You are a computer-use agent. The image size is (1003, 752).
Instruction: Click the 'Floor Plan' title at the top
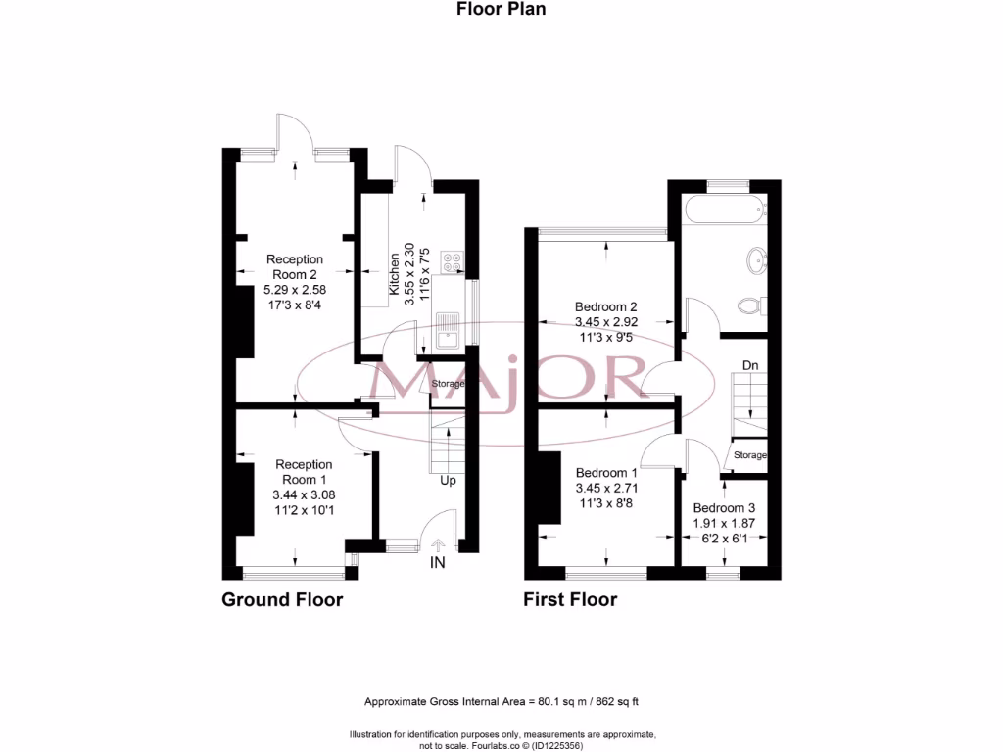tap(501, 9)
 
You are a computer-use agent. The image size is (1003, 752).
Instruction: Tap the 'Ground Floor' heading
tap(282, 599)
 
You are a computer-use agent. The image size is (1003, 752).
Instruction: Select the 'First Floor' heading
tap(570, 599)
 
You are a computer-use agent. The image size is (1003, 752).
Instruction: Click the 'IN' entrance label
tap(436, 564)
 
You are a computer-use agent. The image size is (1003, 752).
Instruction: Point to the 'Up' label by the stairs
tap(447, 481)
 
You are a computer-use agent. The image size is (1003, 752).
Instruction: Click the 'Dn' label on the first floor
tap(750, 365)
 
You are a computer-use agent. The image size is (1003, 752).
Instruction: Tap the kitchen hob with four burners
tap(454, 261)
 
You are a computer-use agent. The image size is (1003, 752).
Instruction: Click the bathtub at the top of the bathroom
tap(724, 209)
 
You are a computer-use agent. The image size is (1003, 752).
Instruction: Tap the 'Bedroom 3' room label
tap(724, 508)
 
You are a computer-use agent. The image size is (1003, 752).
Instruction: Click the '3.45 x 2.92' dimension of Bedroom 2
tap(606, 321)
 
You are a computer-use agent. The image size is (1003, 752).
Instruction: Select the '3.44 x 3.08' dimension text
tap(304, 495)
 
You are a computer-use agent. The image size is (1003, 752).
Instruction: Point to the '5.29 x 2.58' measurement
tap(295, 291)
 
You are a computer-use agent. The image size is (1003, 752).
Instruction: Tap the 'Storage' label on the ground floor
tap(449, 384)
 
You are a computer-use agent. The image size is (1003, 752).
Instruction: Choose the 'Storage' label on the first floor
tap(751, 455)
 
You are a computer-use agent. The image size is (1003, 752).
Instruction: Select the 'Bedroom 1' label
tap(606, 471)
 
